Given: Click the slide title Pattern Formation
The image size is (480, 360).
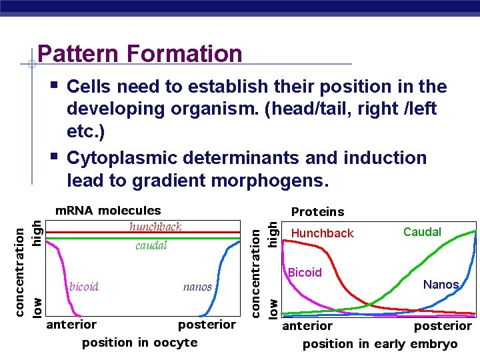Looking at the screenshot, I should [x=139, y=53].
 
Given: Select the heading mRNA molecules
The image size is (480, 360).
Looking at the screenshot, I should [x=107, y=211].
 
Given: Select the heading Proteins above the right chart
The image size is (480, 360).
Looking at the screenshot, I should [x=317, y=212].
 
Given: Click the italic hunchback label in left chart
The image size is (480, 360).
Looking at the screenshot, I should [x=155, y=227].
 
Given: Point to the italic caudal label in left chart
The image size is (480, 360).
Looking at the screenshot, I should [x=151, y=245].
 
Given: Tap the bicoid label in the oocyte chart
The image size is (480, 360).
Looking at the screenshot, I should [x=84, y=287].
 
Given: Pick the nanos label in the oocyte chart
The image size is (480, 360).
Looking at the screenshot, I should [x=197, y=287].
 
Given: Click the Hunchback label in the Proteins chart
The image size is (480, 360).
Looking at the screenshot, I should [x=323, y=233].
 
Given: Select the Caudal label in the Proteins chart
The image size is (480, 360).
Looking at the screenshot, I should [x=422, y=232].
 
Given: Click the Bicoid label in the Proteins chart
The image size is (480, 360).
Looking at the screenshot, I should [x=305, y=273].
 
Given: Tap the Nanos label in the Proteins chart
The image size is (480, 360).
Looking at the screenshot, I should [x=441, y=285].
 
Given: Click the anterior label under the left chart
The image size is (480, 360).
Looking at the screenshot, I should [x=71, y=325].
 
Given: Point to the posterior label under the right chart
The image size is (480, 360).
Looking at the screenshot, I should [x=443, y=326].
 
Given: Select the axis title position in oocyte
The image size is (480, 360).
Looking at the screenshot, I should [x=139, y=343].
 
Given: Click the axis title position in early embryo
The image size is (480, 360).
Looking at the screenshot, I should [x=380, y=344].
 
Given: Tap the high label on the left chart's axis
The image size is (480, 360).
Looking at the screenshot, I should [x=38, y=232].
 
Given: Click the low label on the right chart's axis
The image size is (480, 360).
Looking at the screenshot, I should [x=273, y=307].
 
